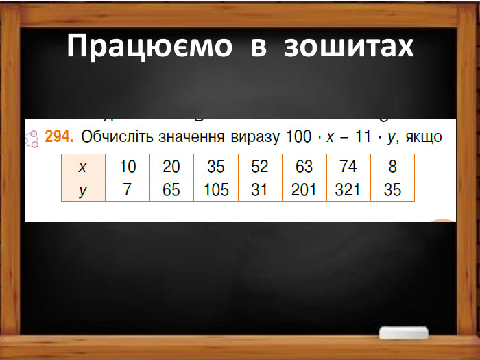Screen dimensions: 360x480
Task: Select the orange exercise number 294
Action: pos(58,137)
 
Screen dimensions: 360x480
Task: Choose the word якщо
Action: pos(423,137)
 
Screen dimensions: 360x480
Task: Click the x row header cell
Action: pos(83,167)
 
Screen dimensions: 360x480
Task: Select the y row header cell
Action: pos(83,190)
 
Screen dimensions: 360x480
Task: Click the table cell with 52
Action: pos(260,167)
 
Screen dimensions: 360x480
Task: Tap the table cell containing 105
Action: pos(216,190)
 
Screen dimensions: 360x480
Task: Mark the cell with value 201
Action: pos(304,190)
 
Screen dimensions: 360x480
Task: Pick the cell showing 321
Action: pos(348,190)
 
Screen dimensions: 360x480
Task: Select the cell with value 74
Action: pos(348,167)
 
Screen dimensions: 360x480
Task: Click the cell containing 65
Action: pos(171,190)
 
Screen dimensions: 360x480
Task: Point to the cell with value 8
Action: pos(392,167)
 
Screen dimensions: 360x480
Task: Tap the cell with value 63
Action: pos(304,167)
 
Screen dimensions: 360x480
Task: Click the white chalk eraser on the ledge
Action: pos(403,333)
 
